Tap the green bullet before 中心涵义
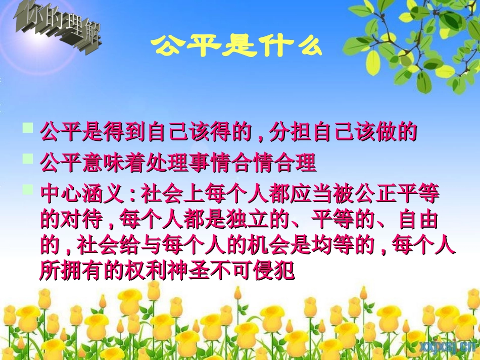(x=28, y=189)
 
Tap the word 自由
(x=418, y=221)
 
